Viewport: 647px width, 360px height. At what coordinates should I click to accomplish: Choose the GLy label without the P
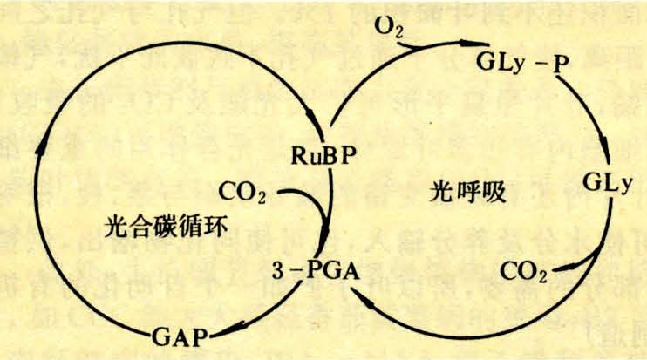pos(607,180)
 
